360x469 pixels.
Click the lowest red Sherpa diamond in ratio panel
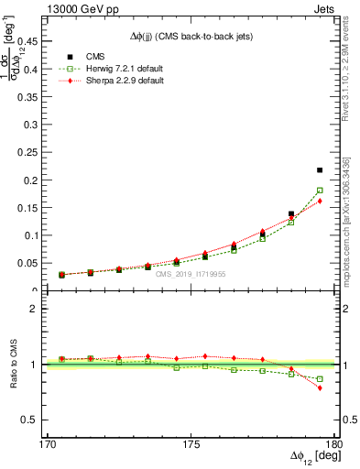320,388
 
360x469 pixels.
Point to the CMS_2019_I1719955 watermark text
191,273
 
